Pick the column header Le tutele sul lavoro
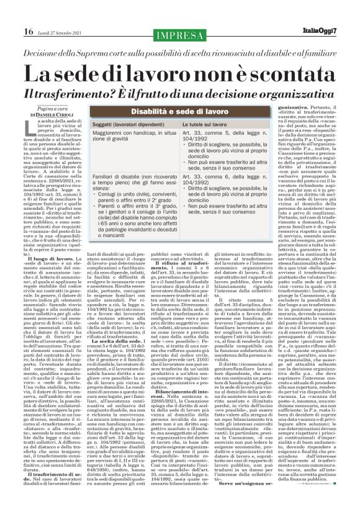coord(210,125)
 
